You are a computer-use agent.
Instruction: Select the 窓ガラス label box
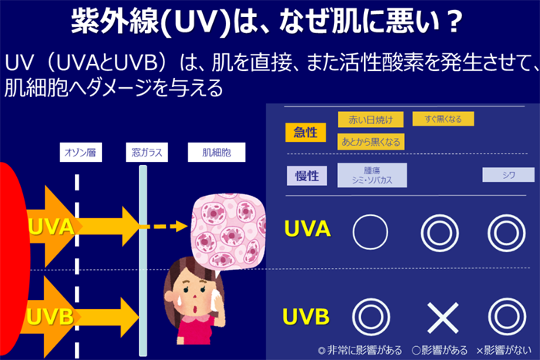tap(143, 153)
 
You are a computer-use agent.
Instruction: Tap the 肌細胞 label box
tap(216, 153)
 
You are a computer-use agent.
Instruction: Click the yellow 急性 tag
tap(305, 132)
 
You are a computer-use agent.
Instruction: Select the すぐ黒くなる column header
tap(443, 119)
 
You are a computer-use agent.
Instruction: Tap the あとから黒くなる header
tap(370, 141)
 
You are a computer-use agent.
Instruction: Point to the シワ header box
tap(508, 175)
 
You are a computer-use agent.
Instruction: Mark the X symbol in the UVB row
tap(443, 316)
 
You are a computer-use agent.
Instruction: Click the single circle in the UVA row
tap(370, 230)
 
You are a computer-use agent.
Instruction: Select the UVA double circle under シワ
tap(508, 230)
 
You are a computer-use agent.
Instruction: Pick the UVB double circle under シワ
tap(508, 316)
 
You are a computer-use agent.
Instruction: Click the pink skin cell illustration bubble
tap(231, 224)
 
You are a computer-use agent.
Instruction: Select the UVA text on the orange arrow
tap(50, 227)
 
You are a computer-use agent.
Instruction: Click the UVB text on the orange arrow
tap(50, 316)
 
